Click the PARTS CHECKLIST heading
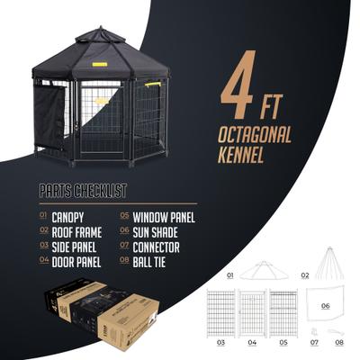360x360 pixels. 84,192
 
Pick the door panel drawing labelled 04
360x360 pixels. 253,311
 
